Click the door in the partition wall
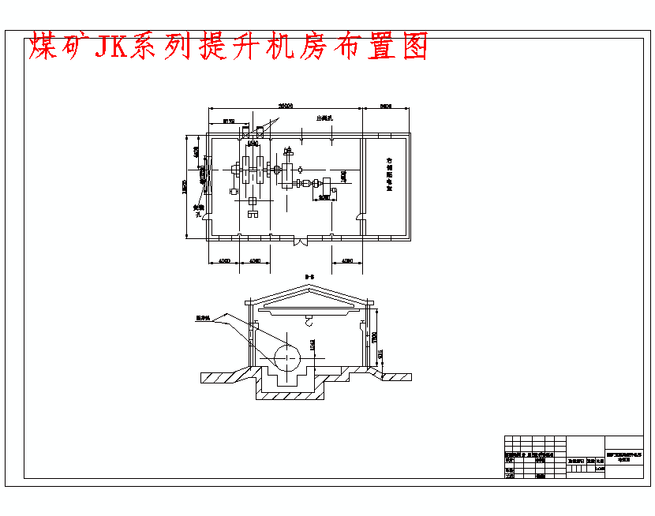(361, 214)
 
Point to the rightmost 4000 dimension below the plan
(346, 260)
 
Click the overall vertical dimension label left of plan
(185, 186)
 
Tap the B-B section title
(309, 276)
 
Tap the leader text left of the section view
(204, 319)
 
